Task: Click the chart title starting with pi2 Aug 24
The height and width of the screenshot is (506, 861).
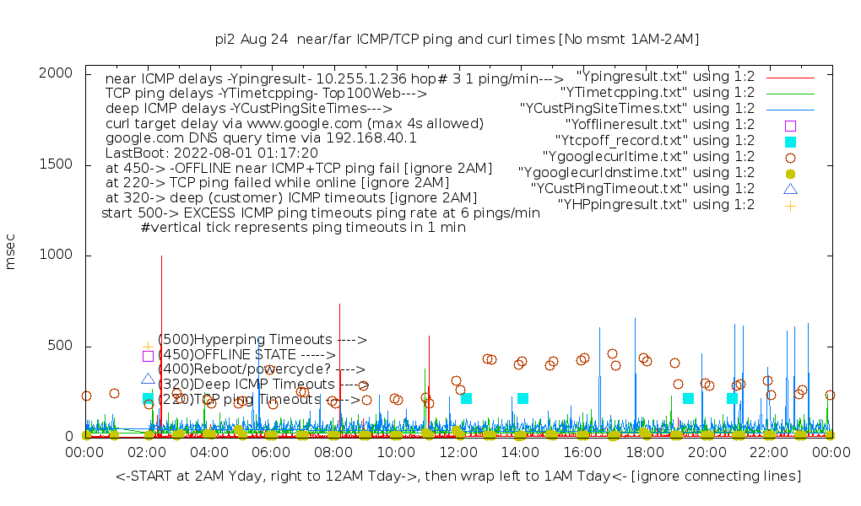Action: tap(457, 39)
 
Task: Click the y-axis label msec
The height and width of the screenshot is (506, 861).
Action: tap(11, 255)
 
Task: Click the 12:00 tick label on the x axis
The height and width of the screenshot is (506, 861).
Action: tap(458, 453)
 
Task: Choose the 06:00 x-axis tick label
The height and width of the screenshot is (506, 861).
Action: tap(272, 453)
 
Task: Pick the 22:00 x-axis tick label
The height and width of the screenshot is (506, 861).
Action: tap(769, 453)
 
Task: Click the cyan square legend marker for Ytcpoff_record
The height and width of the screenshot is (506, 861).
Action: tap(790, 142)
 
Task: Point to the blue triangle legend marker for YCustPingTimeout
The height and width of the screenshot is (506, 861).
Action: tap(790, 189)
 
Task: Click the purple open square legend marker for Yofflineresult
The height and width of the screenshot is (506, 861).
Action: tap(790, 126)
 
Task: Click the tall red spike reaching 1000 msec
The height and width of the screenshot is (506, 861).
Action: tap(161, 258)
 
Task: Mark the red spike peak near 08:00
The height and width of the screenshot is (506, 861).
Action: tap(339, 305)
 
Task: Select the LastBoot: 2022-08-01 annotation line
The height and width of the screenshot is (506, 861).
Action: tap(211, 153)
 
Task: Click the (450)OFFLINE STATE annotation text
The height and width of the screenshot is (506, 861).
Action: tap(245, 355)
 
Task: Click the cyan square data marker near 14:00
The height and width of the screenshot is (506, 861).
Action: tap(523, 398)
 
